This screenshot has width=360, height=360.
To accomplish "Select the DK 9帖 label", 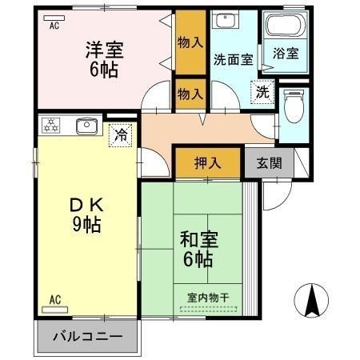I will pos(87,214).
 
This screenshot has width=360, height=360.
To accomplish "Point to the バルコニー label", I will pos(88,336).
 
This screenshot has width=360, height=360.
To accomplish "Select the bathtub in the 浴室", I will pos(285,26).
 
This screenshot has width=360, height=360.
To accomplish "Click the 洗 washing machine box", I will pos(262,91).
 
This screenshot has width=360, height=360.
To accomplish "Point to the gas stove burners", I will pos(52,125).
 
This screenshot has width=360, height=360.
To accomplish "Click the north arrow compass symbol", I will pos(313,302).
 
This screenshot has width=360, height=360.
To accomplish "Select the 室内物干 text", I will pos(208,298).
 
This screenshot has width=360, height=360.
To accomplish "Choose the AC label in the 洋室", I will pos(54,25).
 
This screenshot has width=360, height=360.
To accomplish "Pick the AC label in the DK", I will pos(55,300).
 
